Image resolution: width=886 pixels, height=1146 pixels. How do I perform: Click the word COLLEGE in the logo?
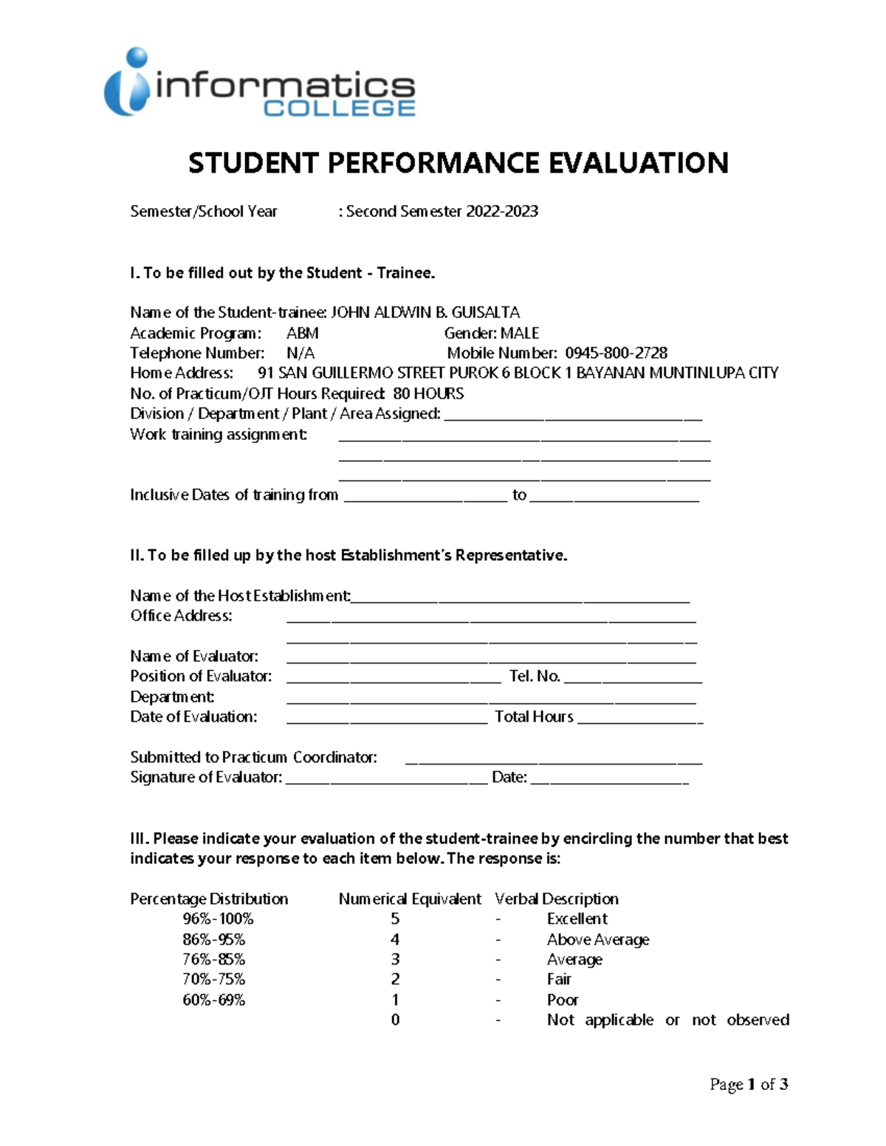click(340, 108)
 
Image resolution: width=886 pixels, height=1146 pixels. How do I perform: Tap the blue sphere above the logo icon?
click(137, 58)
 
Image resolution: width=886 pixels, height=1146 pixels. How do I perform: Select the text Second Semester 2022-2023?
click(442, 212)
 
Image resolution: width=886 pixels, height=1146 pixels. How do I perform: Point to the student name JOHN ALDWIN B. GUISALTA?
click(425, 313)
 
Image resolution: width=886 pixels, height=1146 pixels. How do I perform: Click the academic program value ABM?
click(303, 334)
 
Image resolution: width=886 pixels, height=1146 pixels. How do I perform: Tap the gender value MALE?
click(520, 334)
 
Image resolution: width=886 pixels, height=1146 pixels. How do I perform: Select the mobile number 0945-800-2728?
click(616, 353)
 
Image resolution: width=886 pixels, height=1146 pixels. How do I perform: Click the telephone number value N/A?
click(301, 353)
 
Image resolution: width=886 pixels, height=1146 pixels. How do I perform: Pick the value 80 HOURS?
click(428, 394)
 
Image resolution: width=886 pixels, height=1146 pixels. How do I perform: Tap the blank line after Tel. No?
click(632, 678)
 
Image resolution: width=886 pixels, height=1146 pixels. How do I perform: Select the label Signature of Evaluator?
click(206, 778)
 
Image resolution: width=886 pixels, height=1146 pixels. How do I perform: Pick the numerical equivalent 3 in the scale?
click(395, 959)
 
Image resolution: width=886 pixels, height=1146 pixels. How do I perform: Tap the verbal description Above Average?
click(598, 940)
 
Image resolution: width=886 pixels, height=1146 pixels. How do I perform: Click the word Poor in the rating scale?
click(563, 1001)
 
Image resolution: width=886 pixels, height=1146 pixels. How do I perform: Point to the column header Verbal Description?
click(557, 900)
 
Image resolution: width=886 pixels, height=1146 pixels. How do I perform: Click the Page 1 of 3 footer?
click(749, 1085)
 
